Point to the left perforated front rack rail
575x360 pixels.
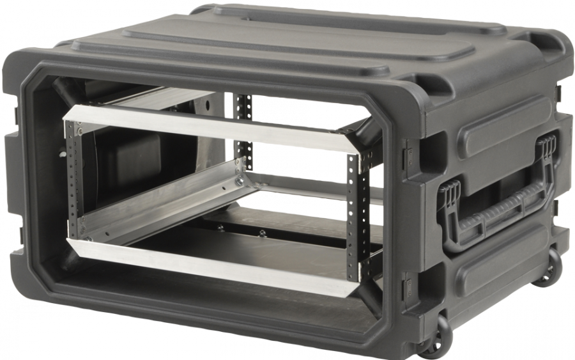(x=72, y=179)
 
